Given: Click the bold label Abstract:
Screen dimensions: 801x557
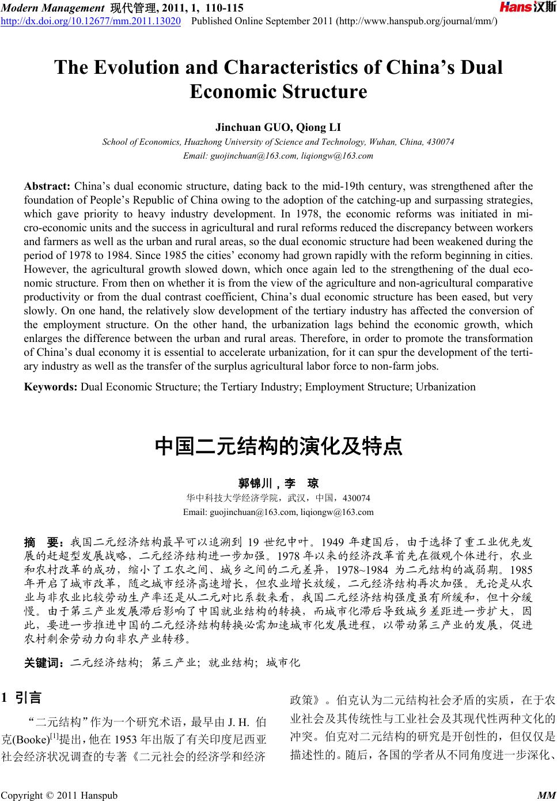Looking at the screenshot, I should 47,186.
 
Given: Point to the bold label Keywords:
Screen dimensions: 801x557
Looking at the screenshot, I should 51,387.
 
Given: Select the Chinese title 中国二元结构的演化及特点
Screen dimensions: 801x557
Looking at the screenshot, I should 278,446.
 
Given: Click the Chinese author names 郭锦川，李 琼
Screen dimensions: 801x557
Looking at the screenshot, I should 278,483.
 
